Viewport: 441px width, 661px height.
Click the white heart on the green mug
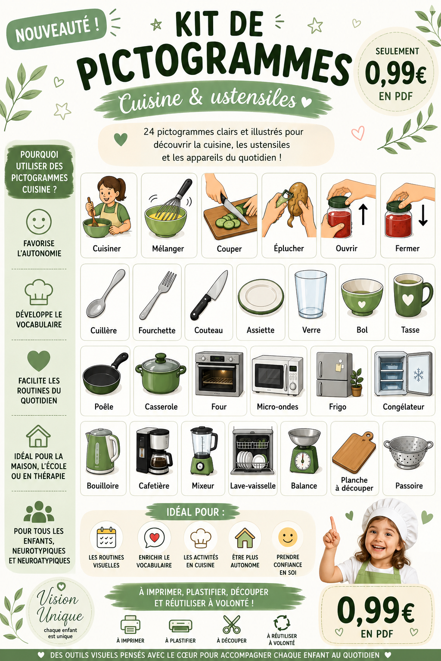pyautogui.click(x=408, y=300)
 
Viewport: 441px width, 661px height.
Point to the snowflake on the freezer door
pyautogui.click(x=418, y=374)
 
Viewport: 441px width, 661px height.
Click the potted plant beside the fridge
pyautogui.click(x=357, y=383)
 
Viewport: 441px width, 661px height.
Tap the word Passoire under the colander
pyautogui.click(x=409, y=486)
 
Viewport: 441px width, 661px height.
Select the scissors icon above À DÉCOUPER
pyautogui.click(x=231, y=624)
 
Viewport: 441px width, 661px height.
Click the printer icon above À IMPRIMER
pyautogui.click(x=130, y=624)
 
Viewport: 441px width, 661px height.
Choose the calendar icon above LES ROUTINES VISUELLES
pyautogui.click(x=106, y=537)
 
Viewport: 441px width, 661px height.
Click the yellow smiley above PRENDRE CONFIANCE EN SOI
pyautogui.click(x=288, y=537)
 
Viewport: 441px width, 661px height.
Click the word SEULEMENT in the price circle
pyautogui.click(x=397, y=51)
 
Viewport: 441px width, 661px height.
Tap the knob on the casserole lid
pyautogui.click(x=161, y=357)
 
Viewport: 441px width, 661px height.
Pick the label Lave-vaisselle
pyautogui.click(x=253, y=486)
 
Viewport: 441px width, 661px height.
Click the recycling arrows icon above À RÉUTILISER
pyautogui.click(x=282, y=623)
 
